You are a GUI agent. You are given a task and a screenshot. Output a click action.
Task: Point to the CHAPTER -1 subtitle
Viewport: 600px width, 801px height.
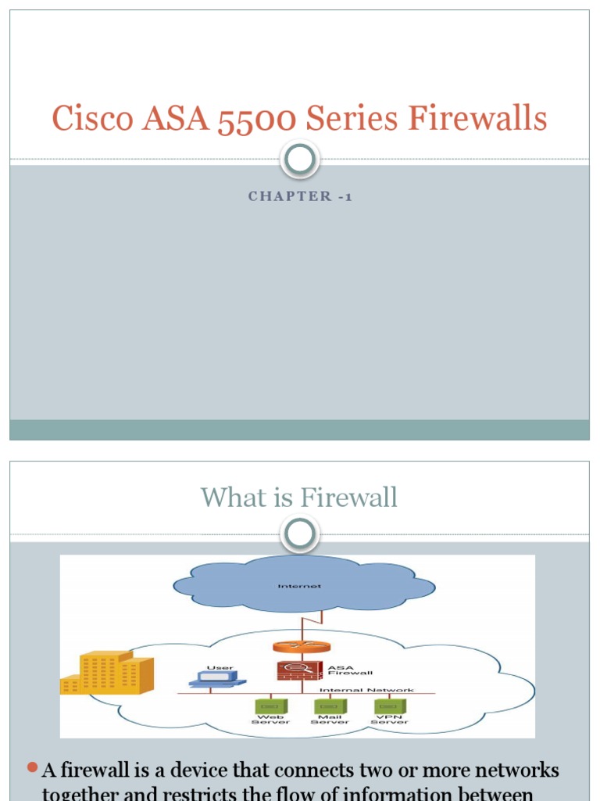point(300,196)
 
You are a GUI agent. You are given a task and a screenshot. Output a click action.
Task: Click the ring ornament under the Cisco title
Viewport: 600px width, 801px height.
point(300,160)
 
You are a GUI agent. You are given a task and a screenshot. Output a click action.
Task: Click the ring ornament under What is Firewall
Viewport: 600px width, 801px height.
point(300,534)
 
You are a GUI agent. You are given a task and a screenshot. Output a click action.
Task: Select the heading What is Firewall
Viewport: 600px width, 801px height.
point(299,497)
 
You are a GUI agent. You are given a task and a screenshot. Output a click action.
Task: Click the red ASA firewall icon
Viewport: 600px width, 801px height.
point(289,670)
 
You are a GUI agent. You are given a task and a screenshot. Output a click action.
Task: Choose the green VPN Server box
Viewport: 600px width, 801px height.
point(389,706)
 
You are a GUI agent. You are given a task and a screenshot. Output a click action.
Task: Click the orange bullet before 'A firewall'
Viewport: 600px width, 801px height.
point(32,768)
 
